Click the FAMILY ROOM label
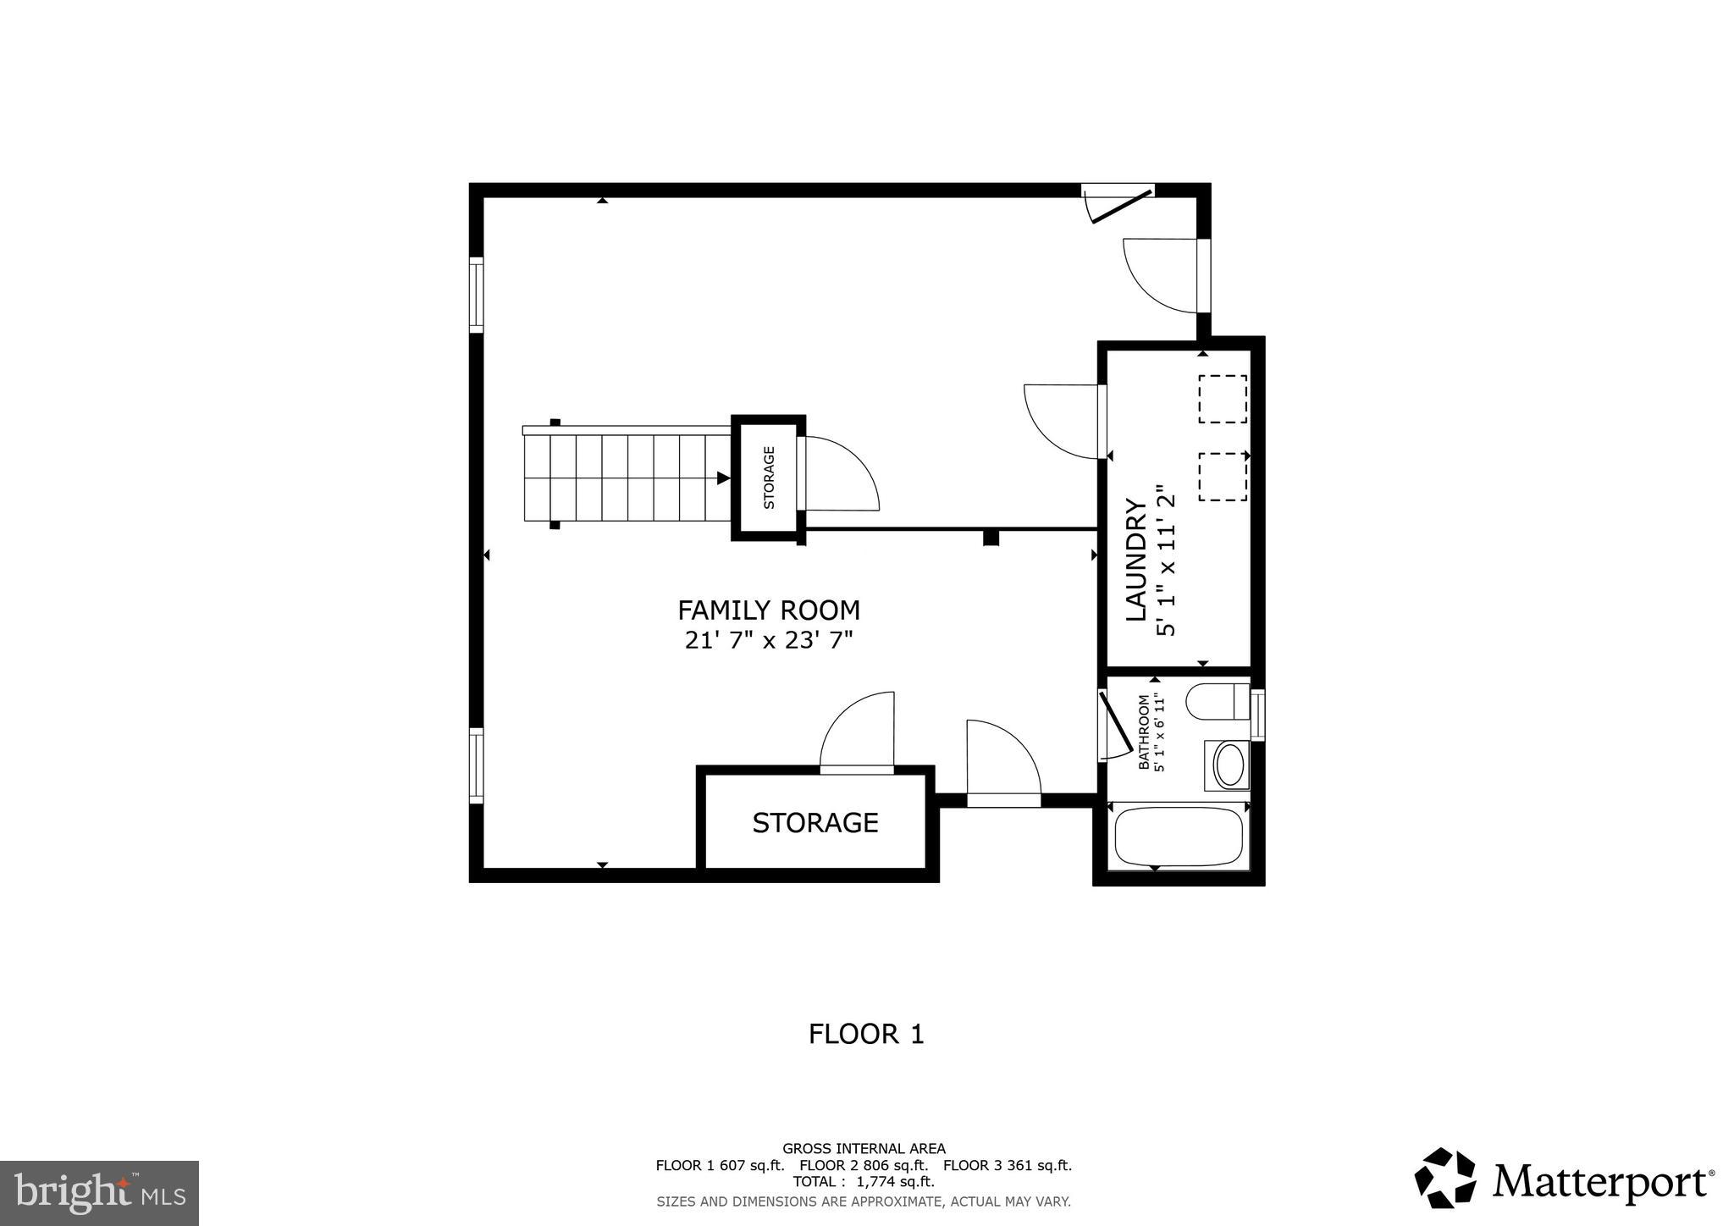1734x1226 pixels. point(768,610)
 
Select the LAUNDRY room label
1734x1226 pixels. point(1135,560)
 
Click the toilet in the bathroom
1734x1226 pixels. point(1216,702)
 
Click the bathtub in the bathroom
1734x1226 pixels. point(1178,836)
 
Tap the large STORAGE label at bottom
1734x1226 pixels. point(815,822)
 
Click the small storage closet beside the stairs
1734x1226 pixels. point(768,478)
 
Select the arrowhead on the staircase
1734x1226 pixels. point(723,478)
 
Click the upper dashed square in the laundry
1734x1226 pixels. point(1222,399)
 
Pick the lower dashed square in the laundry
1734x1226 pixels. point(1222,477)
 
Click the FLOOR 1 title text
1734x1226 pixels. point(865,1034)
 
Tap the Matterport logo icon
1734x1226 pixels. point(1444,1178)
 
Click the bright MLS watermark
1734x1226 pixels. point(99,1194)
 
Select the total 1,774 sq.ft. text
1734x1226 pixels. point(863,1182)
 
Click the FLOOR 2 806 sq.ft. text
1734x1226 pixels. point(864,1165)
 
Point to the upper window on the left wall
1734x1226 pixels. point(477,295)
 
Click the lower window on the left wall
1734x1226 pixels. point(477,765)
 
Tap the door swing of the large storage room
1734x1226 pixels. point(857,730)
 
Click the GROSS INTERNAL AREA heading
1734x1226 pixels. point(863,1149)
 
